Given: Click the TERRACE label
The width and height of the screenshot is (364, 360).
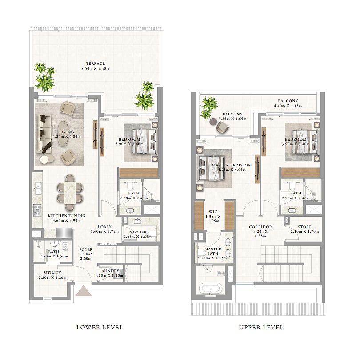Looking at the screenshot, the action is (x=95, y=63).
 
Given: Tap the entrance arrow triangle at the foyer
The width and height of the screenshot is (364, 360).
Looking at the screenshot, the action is (x=84, y=291).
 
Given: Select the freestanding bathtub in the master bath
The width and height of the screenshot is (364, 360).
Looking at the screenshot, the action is (x=210, y=289).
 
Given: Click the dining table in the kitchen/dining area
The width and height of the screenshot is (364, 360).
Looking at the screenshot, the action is (x=70, y=193).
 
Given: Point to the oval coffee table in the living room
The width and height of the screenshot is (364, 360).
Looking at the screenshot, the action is (x=63, y=134).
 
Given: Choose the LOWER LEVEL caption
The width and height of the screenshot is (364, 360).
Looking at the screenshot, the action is (x=100, y=327).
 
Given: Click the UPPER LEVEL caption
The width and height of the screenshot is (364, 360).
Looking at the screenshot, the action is (x=261, y=327).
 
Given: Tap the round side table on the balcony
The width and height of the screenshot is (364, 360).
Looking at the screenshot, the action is (x=213, y=121).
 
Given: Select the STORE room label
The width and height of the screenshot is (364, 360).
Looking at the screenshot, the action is (x=304, y=227).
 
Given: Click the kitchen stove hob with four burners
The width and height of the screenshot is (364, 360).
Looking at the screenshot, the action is (x=38, y=210).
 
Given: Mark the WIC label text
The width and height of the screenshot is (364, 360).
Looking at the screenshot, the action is (x=213, y=212).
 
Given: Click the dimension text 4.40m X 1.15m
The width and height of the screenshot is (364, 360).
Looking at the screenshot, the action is (x=288, y=106).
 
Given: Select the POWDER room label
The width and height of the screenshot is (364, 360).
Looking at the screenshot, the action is (x=137, y=232).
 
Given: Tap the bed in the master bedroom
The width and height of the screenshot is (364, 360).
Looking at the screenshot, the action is (x=211, y=168).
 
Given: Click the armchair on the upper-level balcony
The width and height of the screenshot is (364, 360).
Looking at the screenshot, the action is (x=222, y=127).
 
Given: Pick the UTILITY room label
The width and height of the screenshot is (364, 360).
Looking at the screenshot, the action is (x=53, y=273).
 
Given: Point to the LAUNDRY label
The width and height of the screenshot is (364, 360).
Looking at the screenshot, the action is (x=109, y=271).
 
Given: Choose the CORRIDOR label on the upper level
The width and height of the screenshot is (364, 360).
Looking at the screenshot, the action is (x=260, y=227).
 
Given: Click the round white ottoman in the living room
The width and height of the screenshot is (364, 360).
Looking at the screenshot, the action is (x=44, y=159).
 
